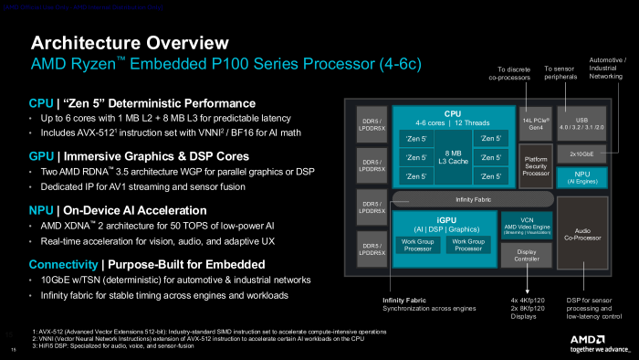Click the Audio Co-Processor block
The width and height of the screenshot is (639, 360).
coord(580,235)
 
